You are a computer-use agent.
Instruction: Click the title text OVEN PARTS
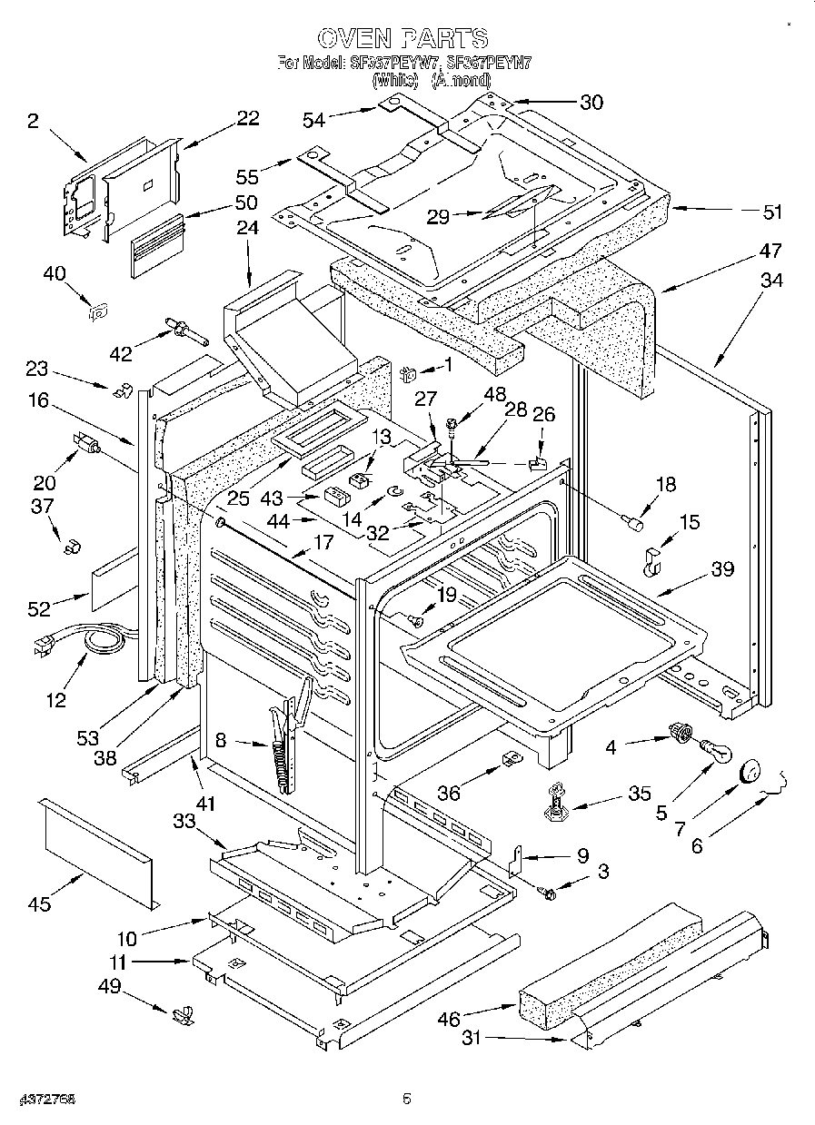(404, 37)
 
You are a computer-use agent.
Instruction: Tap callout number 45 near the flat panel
(39, 903)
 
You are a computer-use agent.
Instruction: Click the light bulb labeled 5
(716, 751)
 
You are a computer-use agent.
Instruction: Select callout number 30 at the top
(591, 103)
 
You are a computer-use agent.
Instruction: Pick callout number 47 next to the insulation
(770, 251)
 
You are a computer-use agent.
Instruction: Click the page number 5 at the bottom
(407, 1100)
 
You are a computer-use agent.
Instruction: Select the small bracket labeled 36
(510, 757)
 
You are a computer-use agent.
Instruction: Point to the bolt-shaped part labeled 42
(184, 331)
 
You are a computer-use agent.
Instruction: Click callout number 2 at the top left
(33, 122)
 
